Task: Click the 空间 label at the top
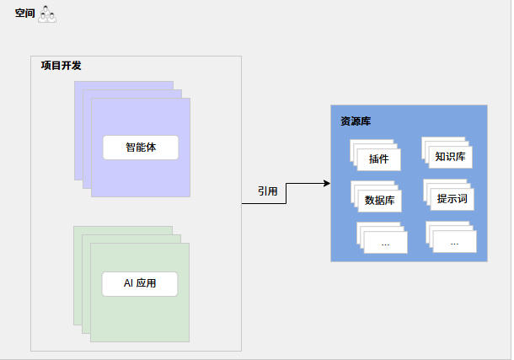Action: coord(24,13)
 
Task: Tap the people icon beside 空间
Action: coord(47,13)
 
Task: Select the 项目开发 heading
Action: coord(61,66)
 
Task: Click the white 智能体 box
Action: coord(141,148)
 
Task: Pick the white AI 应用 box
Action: coord(140,284)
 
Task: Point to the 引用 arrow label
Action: coord(268,191)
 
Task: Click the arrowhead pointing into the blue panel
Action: coord(325,183)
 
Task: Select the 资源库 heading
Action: coord(355,121)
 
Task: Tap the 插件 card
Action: coord(379,159)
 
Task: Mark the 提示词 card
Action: coord(452,199)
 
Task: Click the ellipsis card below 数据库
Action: coord(385,243)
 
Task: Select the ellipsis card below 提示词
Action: coord(454,242)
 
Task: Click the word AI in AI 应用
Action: coord(128,284)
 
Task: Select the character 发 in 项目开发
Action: coord(77,66)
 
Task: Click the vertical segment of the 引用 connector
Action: coord(286,193)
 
